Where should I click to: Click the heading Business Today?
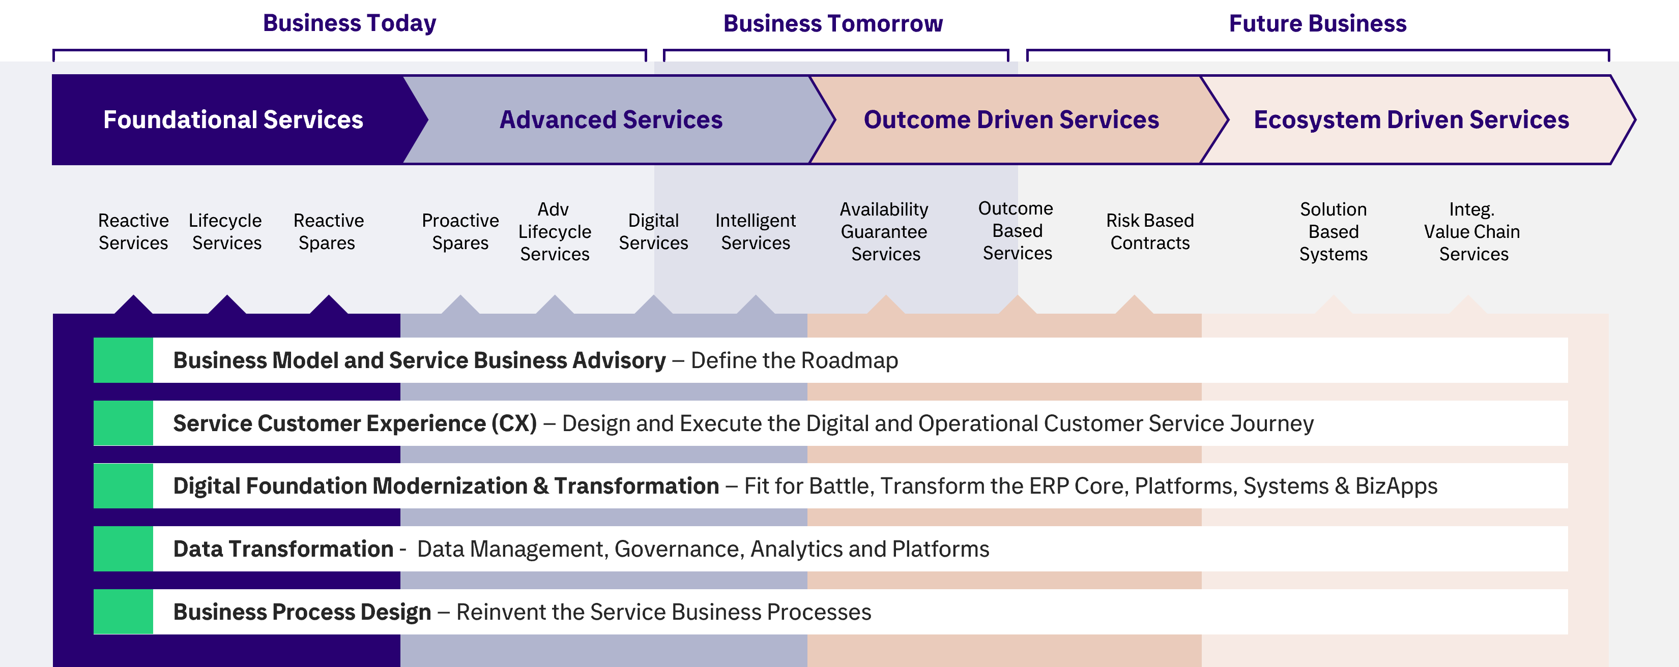click(350, 23)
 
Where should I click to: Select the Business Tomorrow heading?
click(833, 23)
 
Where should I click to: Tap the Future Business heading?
click(1317, 23)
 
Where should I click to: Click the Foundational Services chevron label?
click(234, 120)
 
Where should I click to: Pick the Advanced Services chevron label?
click(611, 120)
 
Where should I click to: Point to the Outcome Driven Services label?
click(1011, 120)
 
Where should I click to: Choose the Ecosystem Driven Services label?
click(1411, 120)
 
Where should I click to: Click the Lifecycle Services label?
click(225, 231)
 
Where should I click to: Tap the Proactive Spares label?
click(460, 231)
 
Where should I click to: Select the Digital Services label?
click(653, 231)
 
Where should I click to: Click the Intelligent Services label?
click(756, 231)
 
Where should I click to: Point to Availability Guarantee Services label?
click(884, 231)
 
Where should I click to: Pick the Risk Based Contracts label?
click(1150, 231)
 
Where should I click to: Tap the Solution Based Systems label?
click(1334, 231)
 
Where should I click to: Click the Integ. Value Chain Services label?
click(1472, 231)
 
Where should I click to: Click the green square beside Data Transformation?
click(123, 549)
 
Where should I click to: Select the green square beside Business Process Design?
click(123, 612)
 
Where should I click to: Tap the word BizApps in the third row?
click(1396, 487)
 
